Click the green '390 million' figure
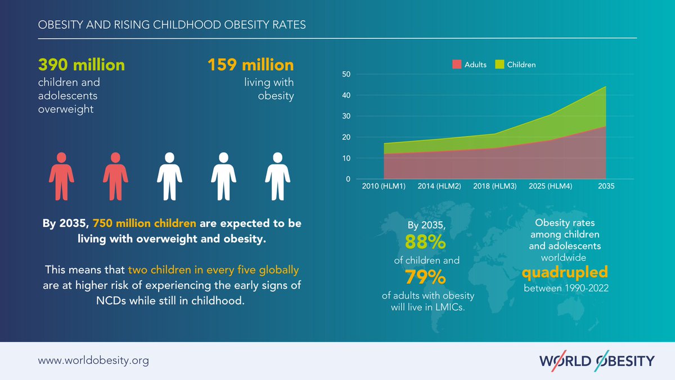(81, 65)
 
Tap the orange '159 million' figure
(250, 65)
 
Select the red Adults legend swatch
(457, 65)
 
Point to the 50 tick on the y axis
(346, 74)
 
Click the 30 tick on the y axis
(346, 117)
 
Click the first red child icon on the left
(61, 176)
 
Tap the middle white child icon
(169, 176)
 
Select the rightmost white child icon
(277, 176)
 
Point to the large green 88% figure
(425, 243)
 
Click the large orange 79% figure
(425, 278)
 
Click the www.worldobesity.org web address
(93, 360)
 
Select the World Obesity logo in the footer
(596, 360)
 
